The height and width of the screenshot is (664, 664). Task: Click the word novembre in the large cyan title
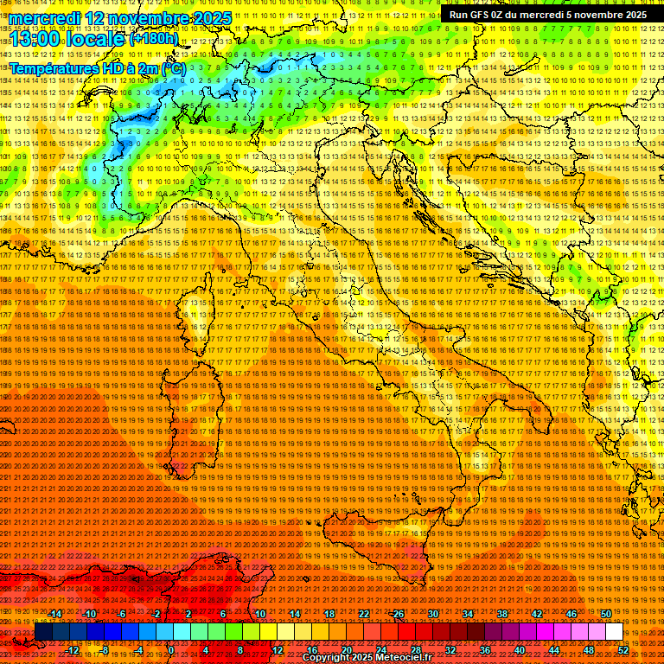pos(147,18)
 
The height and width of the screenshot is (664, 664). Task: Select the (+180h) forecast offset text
pos(154,38)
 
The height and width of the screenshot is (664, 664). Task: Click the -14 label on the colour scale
pos(55,613)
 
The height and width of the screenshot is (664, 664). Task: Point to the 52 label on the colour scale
pos(623,649)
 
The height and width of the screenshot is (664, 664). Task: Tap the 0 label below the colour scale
pos(171,649)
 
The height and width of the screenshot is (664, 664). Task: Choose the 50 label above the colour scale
pos(606,613)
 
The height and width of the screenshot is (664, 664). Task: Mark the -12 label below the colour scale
pos(73,649)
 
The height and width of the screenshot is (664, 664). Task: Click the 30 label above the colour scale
pos(432,613)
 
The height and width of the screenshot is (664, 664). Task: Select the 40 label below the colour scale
pos(520,649)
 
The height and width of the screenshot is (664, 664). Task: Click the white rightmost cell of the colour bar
pos(614,631)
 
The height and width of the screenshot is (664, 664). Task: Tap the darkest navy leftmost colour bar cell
pos(42,631)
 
